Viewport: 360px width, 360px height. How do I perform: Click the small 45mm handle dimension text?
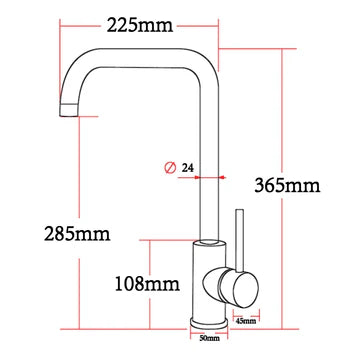click(x=245, y=321)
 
